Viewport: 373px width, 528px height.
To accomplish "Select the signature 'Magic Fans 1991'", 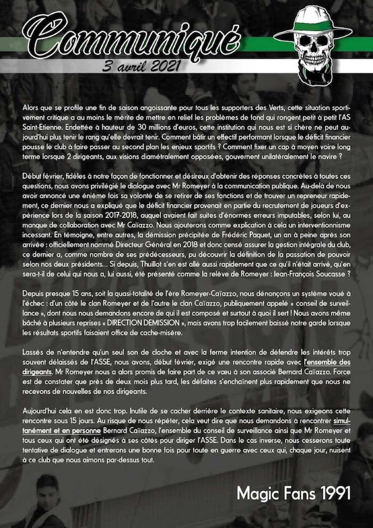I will (x=293, y=493).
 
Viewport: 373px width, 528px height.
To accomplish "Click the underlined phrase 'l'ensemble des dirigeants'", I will (x=320, y=362).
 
